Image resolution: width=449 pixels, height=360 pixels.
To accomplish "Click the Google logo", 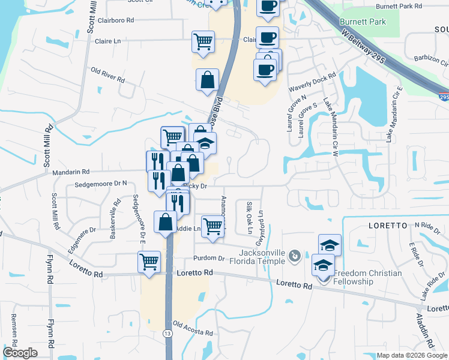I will (x=20, y=353).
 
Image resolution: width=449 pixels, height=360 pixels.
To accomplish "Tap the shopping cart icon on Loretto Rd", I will (x=149, y=262).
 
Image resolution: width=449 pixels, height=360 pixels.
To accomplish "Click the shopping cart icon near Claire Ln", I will (x=203, y=41).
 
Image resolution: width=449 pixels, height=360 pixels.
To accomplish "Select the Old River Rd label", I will (x=107, y=75).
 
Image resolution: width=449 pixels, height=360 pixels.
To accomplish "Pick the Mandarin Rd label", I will (x=71, y=172).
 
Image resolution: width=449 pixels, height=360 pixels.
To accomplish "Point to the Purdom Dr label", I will (x=208, y=259).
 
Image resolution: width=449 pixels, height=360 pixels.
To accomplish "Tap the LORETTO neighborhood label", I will (x=385, y=226).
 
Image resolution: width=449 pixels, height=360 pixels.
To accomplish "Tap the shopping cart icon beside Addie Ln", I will (x=212, y=226).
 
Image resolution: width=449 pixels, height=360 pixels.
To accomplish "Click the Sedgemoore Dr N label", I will (x=99, y=182).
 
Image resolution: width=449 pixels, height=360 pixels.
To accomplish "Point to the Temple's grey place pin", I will (x=294, y=256).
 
